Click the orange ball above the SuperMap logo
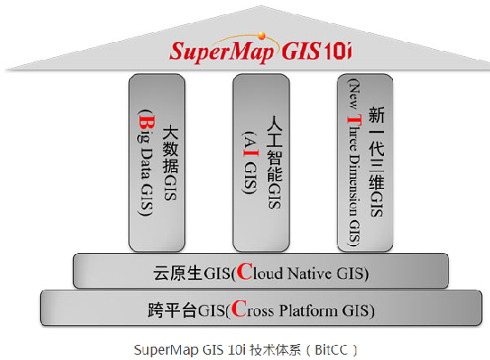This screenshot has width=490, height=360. point(262,36)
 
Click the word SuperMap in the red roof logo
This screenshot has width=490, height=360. point(222,52)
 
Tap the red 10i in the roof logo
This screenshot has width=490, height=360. point(338,51)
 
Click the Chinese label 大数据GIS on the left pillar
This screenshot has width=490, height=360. point(170,162)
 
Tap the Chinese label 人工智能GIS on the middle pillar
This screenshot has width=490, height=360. point(274,162)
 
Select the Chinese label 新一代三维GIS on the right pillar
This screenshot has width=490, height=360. point(376,161)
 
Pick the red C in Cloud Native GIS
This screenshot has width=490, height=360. point(244,272)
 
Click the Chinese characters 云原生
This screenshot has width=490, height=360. point(177,274)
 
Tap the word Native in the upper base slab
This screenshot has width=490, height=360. point(309,274)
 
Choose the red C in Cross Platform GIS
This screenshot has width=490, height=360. point(239,308)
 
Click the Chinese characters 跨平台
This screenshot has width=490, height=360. point(172,310)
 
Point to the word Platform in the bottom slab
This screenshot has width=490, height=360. point(308,310)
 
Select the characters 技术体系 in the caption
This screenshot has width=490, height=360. point(275,350)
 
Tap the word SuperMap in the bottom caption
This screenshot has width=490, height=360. point(166,350)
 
